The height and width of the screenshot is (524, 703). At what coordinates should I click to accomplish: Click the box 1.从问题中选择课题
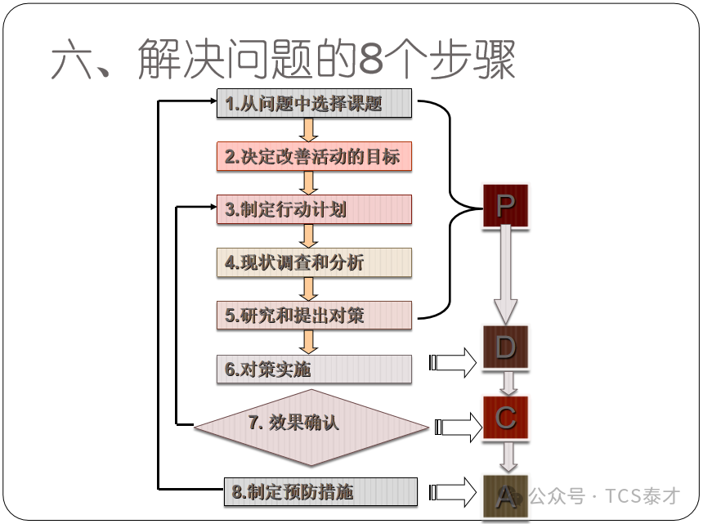point(315,104)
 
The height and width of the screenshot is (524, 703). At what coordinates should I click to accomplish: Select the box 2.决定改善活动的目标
point(315,156)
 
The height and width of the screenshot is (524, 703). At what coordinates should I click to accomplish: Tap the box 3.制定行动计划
point(315,209)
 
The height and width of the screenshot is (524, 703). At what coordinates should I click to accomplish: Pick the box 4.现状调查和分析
point(315,262)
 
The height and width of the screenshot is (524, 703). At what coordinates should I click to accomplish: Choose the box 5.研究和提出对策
point(315,316)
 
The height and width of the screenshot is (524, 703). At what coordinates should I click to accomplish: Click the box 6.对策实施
point(315,369)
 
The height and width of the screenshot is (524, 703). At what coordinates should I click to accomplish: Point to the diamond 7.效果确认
point(311,423)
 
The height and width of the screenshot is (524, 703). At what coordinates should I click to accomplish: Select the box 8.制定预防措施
point(319,492)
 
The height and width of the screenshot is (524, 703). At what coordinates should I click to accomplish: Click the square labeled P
point(505,206)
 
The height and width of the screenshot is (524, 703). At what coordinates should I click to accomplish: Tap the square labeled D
point(505,348)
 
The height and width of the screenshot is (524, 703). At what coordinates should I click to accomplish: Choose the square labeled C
point(505,419)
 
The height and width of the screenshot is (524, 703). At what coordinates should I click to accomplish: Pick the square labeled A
point(505,495)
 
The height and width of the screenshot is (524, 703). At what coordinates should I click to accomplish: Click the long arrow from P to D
point(505,274)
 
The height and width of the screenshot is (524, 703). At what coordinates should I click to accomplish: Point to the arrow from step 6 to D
point(454,362)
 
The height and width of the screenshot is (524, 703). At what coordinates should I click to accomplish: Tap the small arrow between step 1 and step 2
point(308,131)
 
